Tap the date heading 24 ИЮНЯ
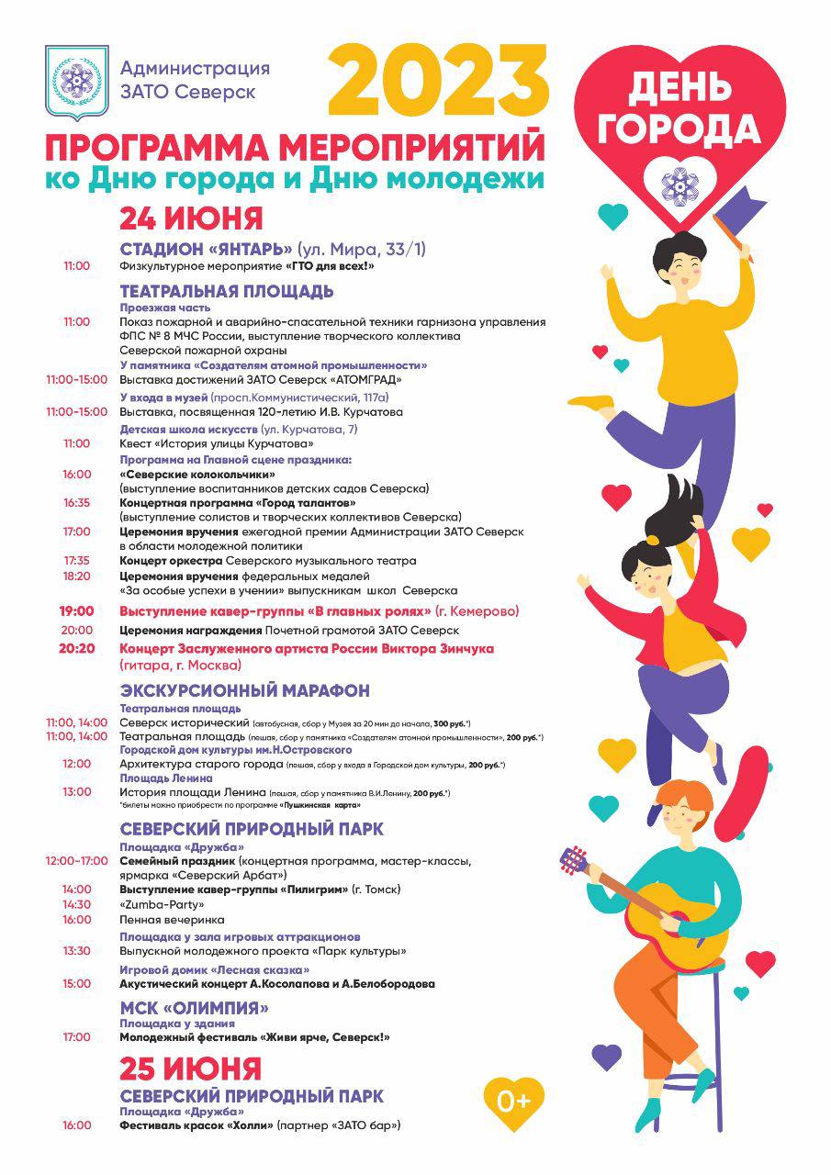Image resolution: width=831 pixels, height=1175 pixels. (x=191, y=218)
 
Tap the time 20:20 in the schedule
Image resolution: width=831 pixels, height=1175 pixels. (x=77, y=648)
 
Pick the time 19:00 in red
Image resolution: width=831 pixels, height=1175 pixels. (x=77, y=611)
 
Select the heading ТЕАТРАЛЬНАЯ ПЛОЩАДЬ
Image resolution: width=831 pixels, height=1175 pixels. (x=227, y=291)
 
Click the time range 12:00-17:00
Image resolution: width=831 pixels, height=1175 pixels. (x=77, y=861)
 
